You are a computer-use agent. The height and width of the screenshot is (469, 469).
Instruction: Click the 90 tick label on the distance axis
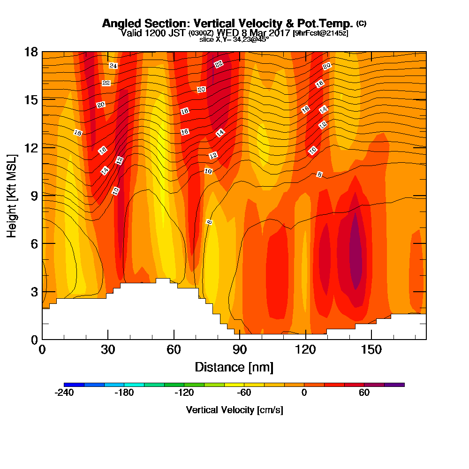click(x=240, y=350)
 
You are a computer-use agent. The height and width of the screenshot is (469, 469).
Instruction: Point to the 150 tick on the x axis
click(x=371, y=350)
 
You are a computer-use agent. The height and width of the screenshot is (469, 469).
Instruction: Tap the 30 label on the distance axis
click(x=108, y=350)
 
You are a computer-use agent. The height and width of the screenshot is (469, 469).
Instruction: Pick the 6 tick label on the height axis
click(x=34, y=243)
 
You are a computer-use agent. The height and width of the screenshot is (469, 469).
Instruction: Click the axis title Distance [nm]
click(x=234, y=367)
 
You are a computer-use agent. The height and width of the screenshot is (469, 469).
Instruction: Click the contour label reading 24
click(x=113, y=66)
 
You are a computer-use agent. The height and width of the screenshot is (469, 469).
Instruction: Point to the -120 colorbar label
click(x=184, y=393)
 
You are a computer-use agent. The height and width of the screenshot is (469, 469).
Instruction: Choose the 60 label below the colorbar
click(x=364, y=393)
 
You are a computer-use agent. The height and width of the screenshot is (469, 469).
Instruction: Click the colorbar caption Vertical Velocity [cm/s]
click(x=234, y=410)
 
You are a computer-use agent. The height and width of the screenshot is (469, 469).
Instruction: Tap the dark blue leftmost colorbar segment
click(x=74, y=385)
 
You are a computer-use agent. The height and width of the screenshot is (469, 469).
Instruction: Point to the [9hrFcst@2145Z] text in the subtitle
click(x=320, y=33)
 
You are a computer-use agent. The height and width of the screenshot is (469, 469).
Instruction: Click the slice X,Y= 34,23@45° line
click(x=234, y=39)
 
